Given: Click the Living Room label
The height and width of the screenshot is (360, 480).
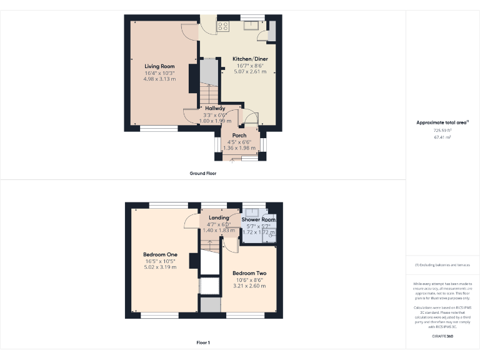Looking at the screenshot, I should (x=159, y=66).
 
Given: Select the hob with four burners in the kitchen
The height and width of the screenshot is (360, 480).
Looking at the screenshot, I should (x=223, y=26).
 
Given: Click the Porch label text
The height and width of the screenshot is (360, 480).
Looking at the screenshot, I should (x=239, y=136).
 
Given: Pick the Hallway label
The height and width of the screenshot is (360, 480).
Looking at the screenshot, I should (x=215, y=108).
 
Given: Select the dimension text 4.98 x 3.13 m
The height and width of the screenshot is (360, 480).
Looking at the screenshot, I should (x=159, y=79).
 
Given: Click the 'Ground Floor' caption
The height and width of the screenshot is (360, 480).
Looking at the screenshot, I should (x=203, y=173).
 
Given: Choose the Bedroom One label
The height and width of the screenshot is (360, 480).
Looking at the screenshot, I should (x=160, y=254).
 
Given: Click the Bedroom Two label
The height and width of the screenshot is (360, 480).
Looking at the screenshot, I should (x=249, y=273).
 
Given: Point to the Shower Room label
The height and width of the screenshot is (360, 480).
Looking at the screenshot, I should (x=258, y=220).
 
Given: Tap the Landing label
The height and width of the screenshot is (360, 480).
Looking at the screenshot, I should (x=219, y=217).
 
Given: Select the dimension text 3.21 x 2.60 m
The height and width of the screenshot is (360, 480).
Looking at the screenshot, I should (x=249, y=286).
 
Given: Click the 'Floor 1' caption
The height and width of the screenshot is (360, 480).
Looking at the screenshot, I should (x=203, y=342).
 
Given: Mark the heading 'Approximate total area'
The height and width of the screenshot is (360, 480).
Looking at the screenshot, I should (x=442, y=122).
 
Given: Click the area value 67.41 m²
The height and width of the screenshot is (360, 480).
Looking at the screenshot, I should (x=442, y=136).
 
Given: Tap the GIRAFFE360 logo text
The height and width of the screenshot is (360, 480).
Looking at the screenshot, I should (x=442, y=337).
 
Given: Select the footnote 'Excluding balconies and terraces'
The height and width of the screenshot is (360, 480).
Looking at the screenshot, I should (x=442, y=265).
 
